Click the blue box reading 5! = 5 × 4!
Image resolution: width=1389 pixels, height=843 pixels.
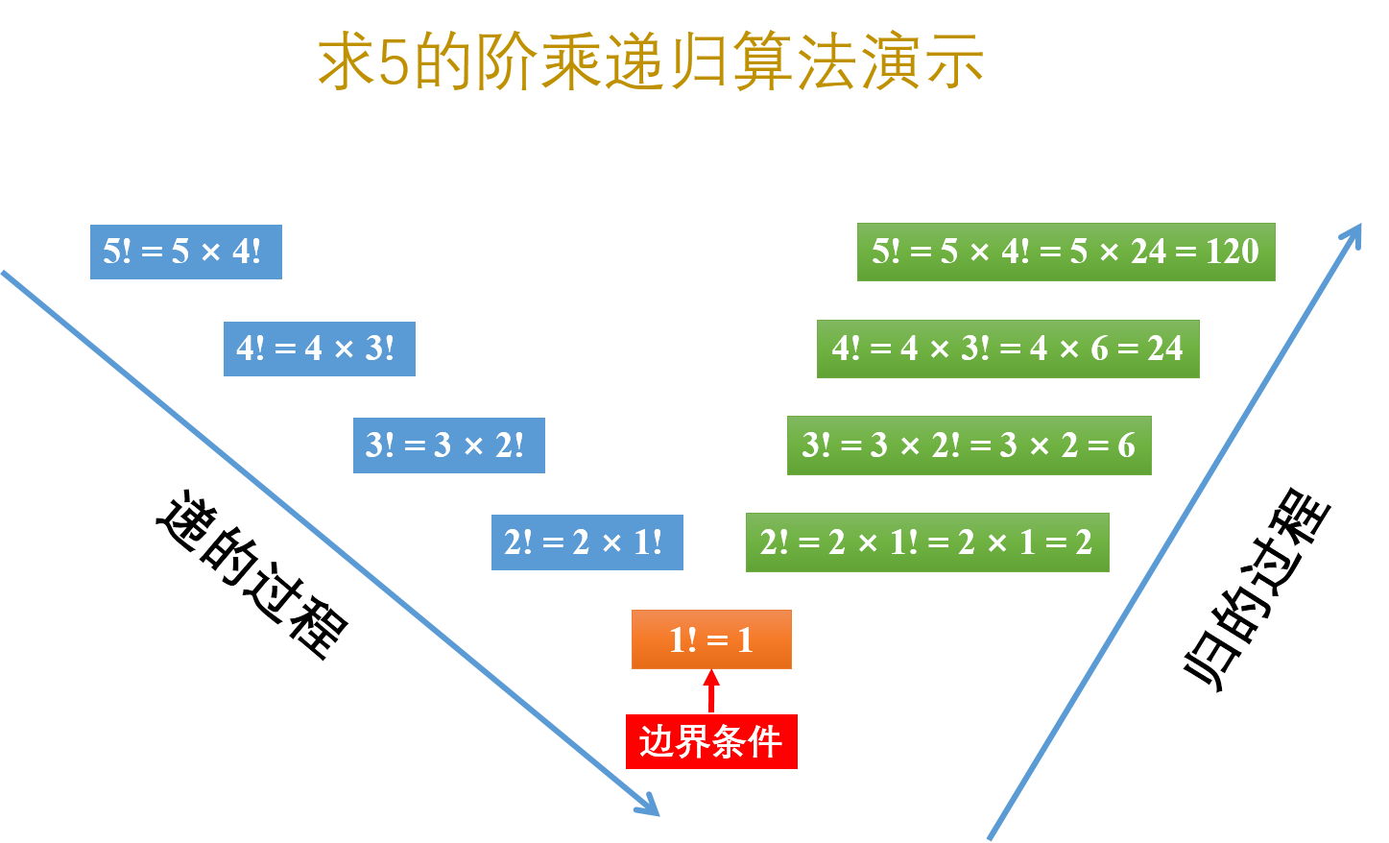185,252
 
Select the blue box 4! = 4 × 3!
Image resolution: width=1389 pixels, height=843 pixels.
319,349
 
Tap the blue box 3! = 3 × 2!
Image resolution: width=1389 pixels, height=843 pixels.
448,446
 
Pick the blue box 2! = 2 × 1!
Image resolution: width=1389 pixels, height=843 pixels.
587,542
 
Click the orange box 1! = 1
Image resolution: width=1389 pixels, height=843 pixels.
711,639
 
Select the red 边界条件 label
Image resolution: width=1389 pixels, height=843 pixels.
711,741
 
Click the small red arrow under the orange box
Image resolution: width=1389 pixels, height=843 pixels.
711,689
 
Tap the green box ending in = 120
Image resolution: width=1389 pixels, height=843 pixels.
1066,252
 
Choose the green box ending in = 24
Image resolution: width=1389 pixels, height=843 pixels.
1008,349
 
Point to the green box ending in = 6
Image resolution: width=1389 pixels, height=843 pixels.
969,446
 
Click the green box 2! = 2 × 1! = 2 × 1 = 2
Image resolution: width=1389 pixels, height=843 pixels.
927,542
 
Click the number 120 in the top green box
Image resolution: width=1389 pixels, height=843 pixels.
1233,252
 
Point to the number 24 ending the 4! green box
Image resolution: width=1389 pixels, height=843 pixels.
1165,349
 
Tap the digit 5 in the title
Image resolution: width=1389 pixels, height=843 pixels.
394,63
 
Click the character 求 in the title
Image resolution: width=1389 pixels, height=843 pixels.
346,63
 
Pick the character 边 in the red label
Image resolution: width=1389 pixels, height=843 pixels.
658,741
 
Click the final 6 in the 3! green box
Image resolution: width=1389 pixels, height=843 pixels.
1126,446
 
